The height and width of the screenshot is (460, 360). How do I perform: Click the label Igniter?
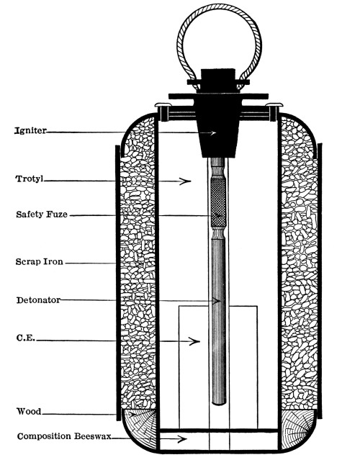30,130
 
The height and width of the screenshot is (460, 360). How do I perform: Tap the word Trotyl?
29,179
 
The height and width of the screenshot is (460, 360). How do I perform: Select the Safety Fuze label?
42,214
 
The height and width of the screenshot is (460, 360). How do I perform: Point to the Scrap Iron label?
40,261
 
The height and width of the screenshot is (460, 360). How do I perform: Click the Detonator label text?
38,300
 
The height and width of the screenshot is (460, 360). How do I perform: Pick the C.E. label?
25,338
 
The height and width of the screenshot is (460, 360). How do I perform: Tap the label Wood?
29,411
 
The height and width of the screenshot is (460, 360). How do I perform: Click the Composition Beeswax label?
64,436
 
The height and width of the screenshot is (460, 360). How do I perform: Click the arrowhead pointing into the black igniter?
212,133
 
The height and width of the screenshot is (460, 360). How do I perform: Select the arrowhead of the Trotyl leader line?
186,181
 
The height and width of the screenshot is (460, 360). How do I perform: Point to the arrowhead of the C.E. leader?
194,341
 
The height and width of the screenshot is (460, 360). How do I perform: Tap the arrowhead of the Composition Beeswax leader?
181,439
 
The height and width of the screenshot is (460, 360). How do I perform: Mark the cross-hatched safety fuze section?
218,202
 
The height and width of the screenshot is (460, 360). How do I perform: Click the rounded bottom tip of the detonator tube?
219,403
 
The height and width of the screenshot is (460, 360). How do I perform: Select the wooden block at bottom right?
297,428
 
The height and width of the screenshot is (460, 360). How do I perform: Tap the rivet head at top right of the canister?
274,104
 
